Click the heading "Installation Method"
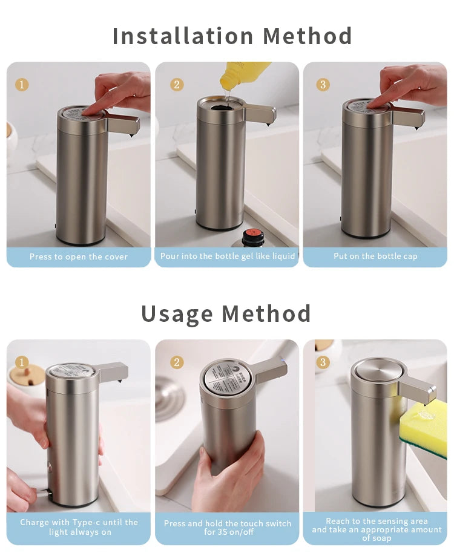coord(232,36)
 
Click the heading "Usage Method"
coord(226,313)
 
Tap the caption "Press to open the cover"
coord(79,257)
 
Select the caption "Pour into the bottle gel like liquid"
coord(228,256)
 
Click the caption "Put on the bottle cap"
coord(375,256)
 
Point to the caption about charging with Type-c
coord(79,527)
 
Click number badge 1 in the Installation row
coord(22,84)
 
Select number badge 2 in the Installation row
coord(177,84)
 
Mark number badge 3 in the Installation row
coord(323,84)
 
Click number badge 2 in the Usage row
coord(177,362)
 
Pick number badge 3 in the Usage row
coord(323,362)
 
